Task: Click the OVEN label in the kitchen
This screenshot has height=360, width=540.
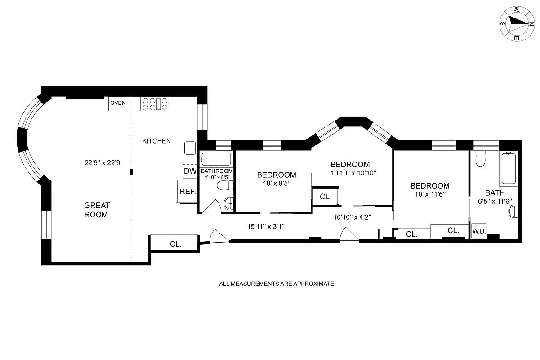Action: (x=118, y=103)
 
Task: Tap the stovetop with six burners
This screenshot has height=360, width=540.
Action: (x=155, y=104)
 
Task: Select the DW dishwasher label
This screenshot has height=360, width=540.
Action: (x=190, y=171)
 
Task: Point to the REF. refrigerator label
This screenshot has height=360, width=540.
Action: (x=187, y=192)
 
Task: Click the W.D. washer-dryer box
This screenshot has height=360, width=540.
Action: (x=479, y=231)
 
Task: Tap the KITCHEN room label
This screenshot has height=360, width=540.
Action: (x=156, y=141)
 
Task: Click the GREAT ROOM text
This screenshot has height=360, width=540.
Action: (x=97, y=210)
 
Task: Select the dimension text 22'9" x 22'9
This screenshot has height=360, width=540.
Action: (x=102, y=163)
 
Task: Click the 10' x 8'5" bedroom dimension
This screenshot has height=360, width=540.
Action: (x=277, y=184)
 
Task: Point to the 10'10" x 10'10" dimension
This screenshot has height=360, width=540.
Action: (x=353, y=173)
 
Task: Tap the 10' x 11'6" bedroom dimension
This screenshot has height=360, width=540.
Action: (x=430, y=194)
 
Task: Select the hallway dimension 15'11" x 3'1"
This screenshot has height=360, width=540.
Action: (x=266, y=226)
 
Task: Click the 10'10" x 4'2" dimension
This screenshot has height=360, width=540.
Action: (x=352, y=217)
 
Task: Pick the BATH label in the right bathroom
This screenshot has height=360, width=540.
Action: (x=495, y=193)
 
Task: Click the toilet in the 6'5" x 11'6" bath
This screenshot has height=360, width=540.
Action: (x=481, y=158)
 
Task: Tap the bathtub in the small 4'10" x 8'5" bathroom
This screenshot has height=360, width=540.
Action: (x=216, y=159)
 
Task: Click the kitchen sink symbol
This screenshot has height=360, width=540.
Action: (x=190, y=148)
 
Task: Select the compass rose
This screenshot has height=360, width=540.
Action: (x=517, y=24)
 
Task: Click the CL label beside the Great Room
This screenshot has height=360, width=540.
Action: (x=175, y=244)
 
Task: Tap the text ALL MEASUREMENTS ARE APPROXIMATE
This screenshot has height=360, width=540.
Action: (x=277, y=284)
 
